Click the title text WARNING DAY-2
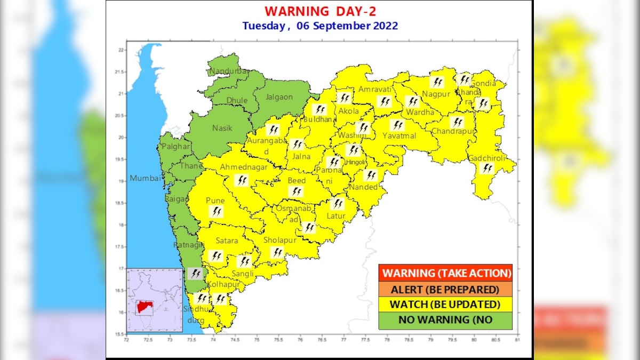click(x=319, y=11)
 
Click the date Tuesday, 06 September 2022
click(x=319, y=26)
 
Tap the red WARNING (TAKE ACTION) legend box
click(x=445, y=273)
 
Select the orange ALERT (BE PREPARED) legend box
click(x=445, y=289)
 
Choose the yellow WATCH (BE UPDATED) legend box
click(x=445, y=305)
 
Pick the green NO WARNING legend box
click(x=445, y=320)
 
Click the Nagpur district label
click(x=436, y=94)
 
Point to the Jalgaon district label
click(x=280, y=97)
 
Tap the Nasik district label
click(x=222, y=128)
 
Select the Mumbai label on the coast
click(x=145, y=179)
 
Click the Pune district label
click(x=215, y=201)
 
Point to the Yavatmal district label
click(x=397, y=136)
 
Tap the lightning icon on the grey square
click(x=195, y=274)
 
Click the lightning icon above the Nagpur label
click(x=437, y=82)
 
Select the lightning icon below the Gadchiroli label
click(x=487, y=169)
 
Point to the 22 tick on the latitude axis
click(x=121, y=50)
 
